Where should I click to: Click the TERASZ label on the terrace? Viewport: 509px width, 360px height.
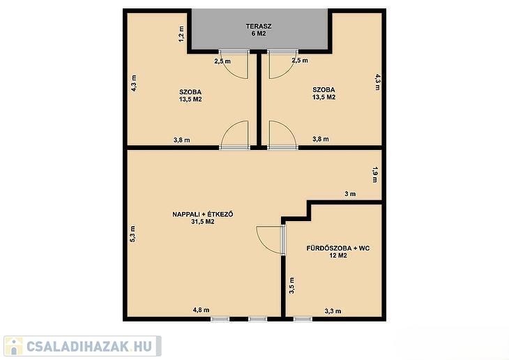(x=259, y=27)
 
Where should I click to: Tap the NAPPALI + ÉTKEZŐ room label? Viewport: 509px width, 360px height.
(x=203, y=214)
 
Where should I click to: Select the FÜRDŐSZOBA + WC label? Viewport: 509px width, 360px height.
(x=338, y=248)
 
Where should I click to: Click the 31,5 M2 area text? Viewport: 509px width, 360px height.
(x=203, y=222)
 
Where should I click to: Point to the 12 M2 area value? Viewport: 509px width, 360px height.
(x=338, y=256)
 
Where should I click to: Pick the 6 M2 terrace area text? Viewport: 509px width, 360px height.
(x=259, y=33)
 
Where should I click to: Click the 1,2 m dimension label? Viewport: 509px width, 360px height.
(x=181, y=33)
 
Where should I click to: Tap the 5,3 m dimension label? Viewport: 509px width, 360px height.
(x=132, y=234)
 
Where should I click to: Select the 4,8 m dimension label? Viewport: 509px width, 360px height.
(x=202, y=310)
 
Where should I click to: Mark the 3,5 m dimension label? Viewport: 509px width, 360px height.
(x=292, y=285)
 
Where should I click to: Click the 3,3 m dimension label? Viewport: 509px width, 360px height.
(x=333, y=311)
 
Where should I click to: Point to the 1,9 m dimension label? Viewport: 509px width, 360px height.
(x=375, y=174)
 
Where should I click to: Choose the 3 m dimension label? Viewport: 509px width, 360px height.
(x=350, y=194)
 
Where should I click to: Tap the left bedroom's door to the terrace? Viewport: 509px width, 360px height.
(x=234, y=64)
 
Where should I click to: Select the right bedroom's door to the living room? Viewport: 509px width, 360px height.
(x=282, y=135)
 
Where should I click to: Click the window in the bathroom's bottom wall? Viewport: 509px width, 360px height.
(x=303, y=320)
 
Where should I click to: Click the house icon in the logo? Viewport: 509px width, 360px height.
(x=14, y=346)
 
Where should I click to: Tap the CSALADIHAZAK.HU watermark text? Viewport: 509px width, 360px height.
(x=89, y=347)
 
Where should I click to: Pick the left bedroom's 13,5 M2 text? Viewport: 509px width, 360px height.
(x=190, y=100)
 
